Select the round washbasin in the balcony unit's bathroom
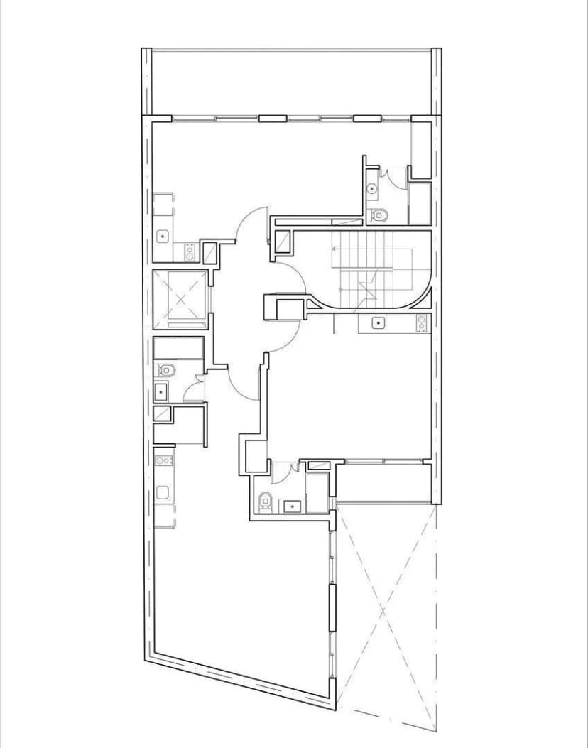[374, 188]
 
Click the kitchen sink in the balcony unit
[163, 235]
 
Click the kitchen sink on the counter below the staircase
[379, 323]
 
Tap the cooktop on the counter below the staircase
[421, 323]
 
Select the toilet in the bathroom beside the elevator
[165, 369]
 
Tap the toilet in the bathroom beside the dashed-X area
[265, 501]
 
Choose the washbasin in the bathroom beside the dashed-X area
[291, 506]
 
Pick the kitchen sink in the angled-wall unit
[163, 492]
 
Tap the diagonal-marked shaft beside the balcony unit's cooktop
[209, 252]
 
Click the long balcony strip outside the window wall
[291, 82]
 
